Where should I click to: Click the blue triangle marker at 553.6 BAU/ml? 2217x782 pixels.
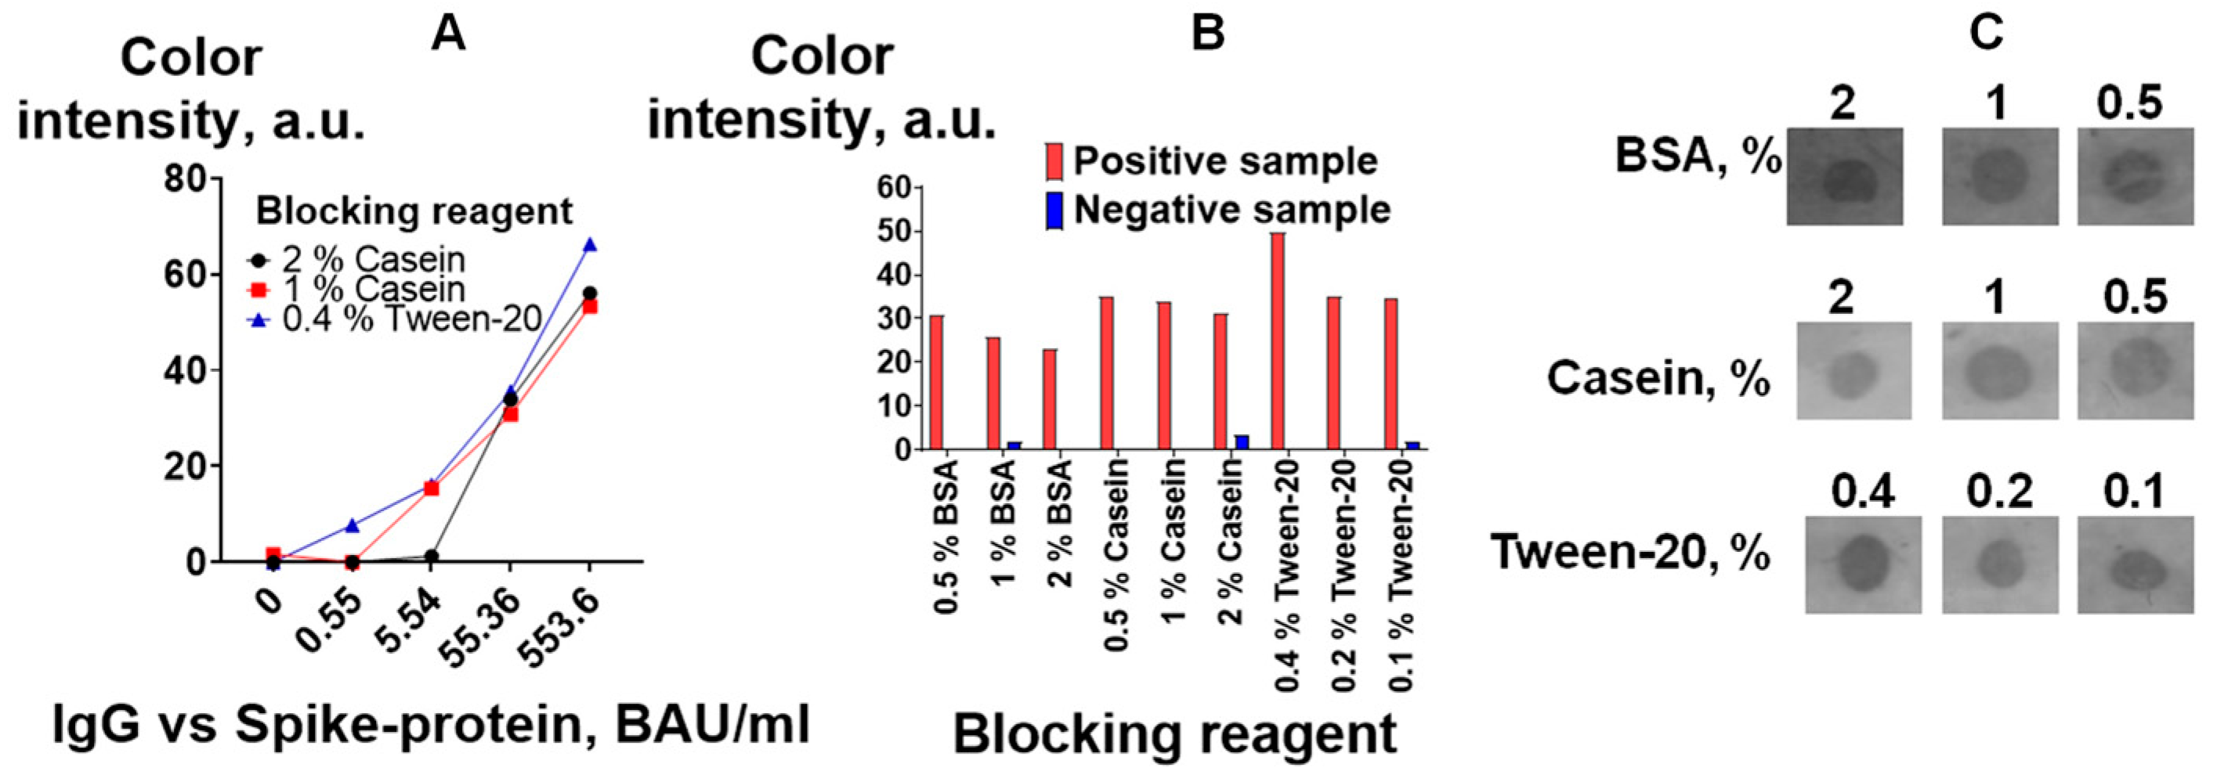[x=590, y=245]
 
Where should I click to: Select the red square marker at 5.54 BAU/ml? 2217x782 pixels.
[x=431, y=488]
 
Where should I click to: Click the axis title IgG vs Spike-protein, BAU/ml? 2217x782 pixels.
[x=431, y=724]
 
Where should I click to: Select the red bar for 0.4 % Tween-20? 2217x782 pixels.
[x=1278, y=341]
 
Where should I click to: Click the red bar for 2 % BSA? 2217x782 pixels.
[x=1049, y=399]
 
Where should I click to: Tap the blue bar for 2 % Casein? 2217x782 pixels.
[x=1242, y=442]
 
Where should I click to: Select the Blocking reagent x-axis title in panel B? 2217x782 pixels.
[x=1175, y=735]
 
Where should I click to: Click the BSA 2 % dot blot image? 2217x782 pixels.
[x=1844, y=176]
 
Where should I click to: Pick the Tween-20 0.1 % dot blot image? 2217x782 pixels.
[x=2136, y=564]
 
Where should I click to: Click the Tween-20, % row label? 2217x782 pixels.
[x=1630, y=553]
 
